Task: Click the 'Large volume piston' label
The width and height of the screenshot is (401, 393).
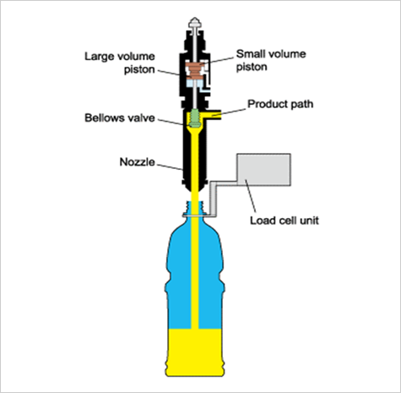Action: point(120,63)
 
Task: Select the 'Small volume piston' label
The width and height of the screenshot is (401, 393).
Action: point(271,60)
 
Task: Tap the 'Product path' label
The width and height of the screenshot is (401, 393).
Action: point(280,104)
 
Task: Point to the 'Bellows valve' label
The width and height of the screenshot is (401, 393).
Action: point(120,117)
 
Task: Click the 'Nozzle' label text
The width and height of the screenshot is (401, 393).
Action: point(138,162)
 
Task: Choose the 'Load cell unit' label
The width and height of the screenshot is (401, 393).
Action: point(284,221)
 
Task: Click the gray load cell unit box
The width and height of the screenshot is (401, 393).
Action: point(263,170)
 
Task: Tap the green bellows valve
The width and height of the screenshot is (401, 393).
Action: point(195,118)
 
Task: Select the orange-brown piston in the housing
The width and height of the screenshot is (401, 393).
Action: point(194,70)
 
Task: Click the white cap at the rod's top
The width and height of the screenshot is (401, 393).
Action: point(195,22)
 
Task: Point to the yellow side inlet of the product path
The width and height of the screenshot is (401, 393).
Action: point(212,115)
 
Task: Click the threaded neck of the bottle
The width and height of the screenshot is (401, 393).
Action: point(195,208)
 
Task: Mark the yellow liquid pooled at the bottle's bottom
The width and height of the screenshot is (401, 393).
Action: point(195,352)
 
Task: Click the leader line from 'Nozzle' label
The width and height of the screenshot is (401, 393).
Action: point(170,167)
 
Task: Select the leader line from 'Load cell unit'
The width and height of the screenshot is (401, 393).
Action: point(251,196)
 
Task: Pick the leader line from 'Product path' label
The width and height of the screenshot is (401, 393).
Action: point(229,112)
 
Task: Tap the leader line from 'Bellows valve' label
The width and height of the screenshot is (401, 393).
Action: point(172,122)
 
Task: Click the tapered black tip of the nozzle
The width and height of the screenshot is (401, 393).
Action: point(195,188)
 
